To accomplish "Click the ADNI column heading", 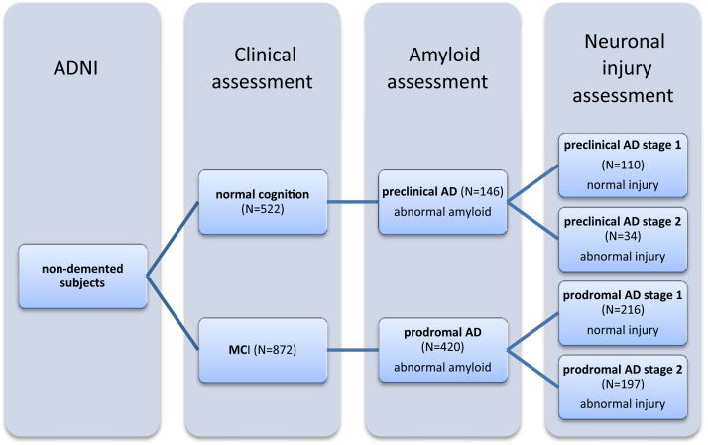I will pos(80,70).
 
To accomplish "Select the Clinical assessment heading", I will pos(262,70).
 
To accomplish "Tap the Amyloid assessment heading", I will pos(442,70).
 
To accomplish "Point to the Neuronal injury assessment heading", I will pos(624,69).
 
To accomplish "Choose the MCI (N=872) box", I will pos(263,349).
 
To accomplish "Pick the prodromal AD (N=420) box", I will pos(442,349).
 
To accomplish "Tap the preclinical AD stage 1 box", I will pos(625,165).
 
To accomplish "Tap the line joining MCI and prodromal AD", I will pos(353,349).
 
